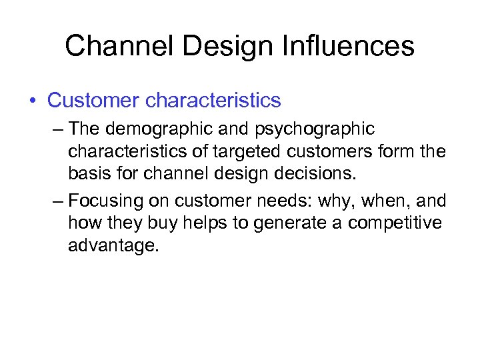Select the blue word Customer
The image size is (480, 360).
coord(94,101)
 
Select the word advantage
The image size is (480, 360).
coord(114,246)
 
